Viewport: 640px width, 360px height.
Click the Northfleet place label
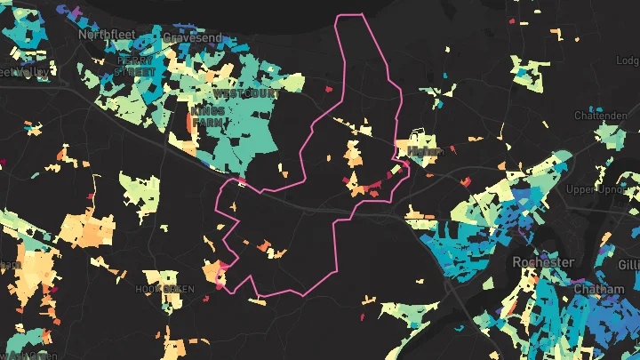105,34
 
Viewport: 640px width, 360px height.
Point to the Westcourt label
246,92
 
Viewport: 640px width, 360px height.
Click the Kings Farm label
207,116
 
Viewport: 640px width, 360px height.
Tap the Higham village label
425,152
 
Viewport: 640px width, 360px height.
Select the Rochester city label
543,262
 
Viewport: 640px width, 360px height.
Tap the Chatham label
594,290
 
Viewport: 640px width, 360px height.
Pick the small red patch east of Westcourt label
328,89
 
